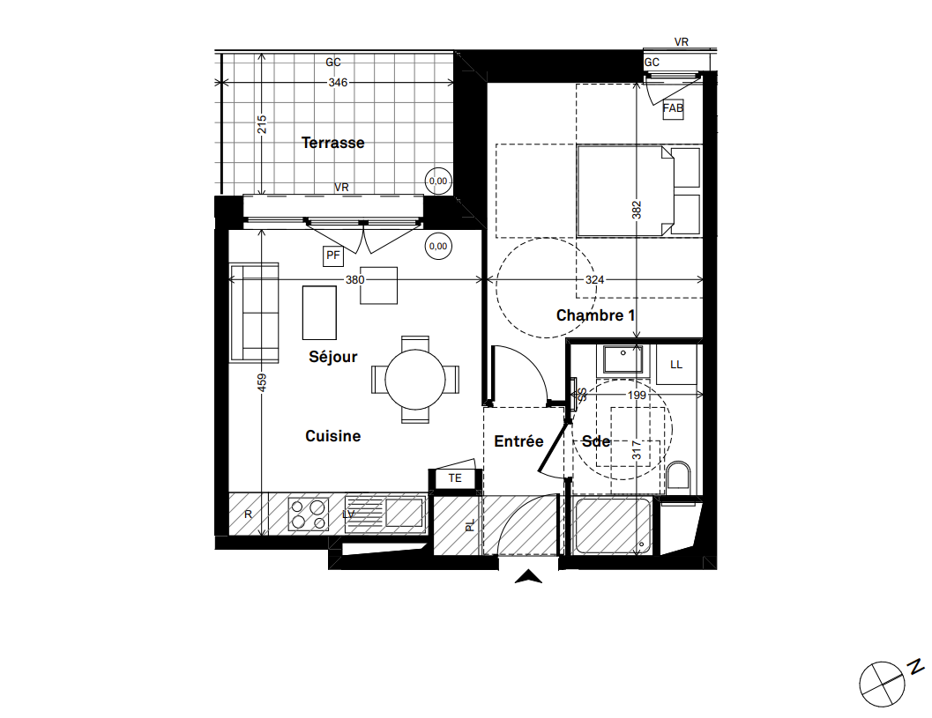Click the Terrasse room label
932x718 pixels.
(332, 143)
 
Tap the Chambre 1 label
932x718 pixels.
(595, 315)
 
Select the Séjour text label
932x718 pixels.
(333, 357)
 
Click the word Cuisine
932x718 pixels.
(332, 436)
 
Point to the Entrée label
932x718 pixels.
(518, 441)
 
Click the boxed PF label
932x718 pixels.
(332, 256)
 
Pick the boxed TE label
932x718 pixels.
(455, 478)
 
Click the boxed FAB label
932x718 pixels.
(673, 109)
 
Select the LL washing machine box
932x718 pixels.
(676, 364)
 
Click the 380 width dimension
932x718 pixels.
(354, 280)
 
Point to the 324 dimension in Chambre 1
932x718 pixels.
(595, 280)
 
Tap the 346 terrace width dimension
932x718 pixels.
(338, 83)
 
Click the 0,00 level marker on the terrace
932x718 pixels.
(438, 181)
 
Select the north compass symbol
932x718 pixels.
(884, 683)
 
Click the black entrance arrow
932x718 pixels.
(528, 578)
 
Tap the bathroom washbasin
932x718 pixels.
(623, 361)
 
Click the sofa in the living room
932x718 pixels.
(254, 312)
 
